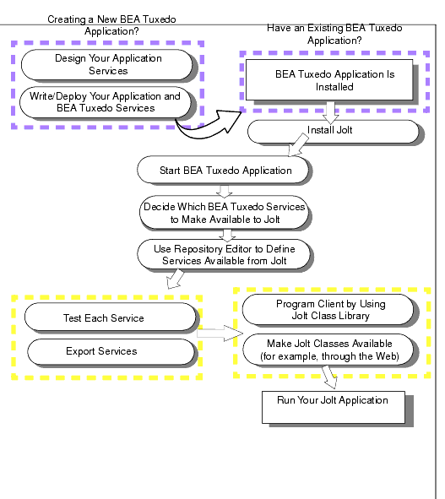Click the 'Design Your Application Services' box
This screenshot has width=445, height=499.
[107, 65]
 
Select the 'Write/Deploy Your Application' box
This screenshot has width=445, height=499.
[106, 102]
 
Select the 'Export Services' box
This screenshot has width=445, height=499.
[111, 351]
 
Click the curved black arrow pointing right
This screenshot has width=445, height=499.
[207, 127]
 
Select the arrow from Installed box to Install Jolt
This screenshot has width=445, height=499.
[330, 112]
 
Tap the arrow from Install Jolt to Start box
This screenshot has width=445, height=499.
[298, 145]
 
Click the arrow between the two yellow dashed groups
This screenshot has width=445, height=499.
[220, 334]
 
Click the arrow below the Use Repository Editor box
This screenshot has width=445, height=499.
[176, 279]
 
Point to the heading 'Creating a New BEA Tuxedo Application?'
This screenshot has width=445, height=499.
[111, 25]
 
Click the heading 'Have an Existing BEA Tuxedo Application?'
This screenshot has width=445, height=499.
[334, 34]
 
